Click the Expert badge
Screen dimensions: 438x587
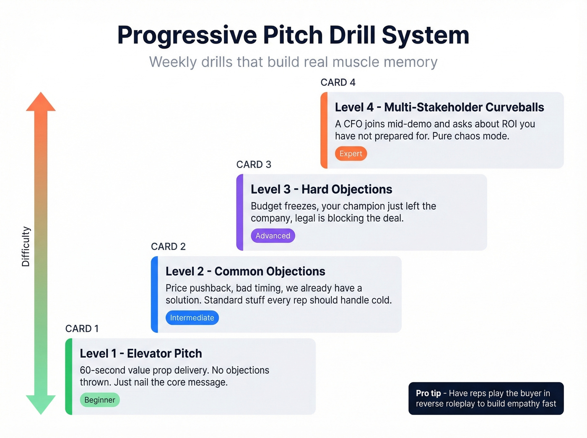tap(351, 153)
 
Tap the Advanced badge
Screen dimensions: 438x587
tap(273, 236)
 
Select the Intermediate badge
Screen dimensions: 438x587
tap(192, 318)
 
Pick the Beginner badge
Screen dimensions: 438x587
tap(100, 400)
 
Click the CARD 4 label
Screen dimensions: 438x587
tap(338, 83)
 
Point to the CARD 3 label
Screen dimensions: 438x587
tap(254, 164)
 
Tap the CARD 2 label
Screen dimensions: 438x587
tap(168, 246)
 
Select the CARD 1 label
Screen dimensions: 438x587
tap(82, 329)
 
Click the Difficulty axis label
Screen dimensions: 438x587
tap(26, 246)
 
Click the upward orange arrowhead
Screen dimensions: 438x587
tap(41, 102)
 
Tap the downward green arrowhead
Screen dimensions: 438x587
tap(41, 404)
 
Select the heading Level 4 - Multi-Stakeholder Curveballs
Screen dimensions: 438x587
tap(439, 107)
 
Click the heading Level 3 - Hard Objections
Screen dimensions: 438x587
tap(321, 189)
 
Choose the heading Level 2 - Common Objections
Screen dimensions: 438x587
tap(245, 272)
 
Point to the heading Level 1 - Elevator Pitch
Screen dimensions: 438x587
tap(141, 354)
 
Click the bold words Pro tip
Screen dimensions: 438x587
tap(428, 393)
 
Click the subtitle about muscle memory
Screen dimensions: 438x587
tap(293, 62)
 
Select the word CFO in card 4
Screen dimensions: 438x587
tap(353, 124)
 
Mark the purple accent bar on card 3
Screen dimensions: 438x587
tap(240, 212)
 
